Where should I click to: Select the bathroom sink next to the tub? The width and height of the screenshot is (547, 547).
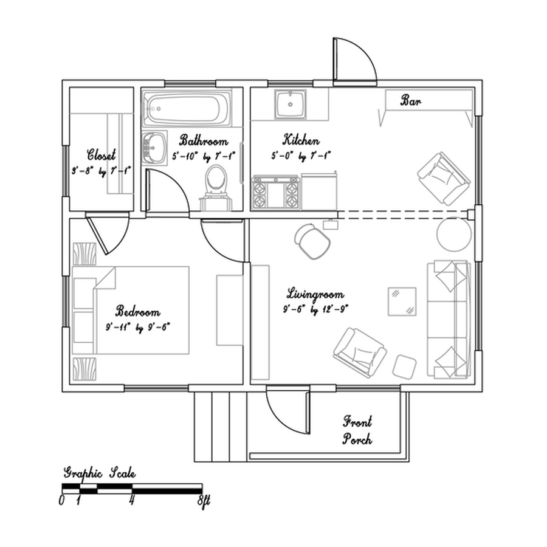click(154, 147)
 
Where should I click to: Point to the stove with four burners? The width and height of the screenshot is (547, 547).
click(276, 192)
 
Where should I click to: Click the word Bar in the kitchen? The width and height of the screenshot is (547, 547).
click(410, 101)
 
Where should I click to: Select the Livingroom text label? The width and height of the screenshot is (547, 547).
click(315, 295)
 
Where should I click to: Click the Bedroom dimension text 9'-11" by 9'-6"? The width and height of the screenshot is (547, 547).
click(138, 327)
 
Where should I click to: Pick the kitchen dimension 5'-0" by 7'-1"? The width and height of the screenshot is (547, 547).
click(302, 156)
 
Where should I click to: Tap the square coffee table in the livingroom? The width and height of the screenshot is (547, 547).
click(403, 300)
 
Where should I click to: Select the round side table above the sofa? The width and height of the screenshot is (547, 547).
click(453, 233)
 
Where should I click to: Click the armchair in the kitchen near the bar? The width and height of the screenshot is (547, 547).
click(444, 177)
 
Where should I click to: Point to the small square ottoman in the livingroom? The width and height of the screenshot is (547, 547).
click(404, 366)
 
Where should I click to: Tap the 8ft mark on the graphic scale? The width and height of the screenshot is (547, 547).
click(203, 501)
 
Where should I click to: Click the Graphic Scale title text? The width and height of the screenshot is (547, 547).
click(100, 473)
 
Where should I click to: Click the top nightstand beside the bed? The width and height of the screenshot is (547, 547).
click(84, 253)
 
